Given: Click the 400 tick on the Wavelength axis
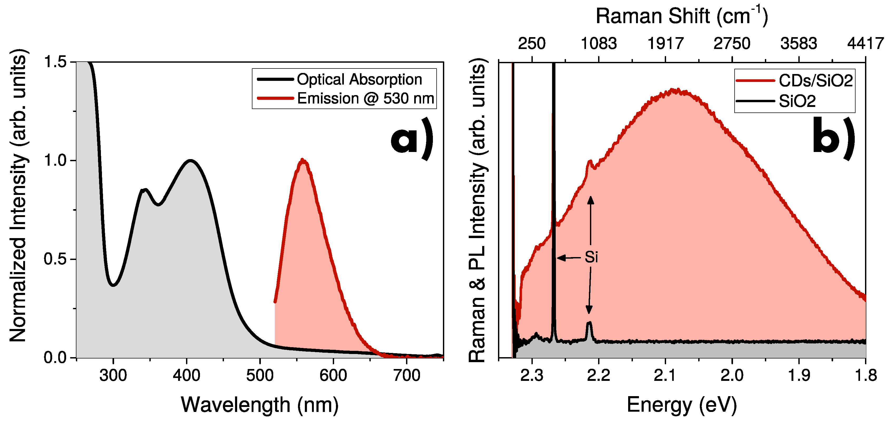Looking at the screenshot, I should pyautogui.click(x=186, y=375).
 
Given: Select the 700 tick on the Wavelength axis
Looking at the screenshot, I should pyautogui.click(x=407, y=375).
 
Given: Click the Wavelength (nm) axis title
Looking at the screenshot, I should pyautogui.click(x=260, y=404).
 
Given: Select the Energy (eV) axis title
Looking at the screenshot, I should pyautogui.click(x=682, y=404).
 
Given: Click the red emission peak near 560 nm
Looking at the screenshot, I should pyautogui.click(x=303, y=160).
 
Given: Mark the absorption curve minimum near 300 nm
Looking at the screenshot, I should pyautogui.click(x=113, y=285).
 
